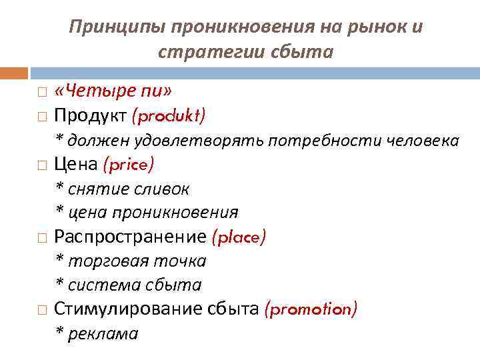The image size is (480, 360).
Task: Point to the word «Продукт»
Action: (x=90, y=116)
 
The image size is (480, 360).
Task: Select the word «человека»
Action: (x=419, y=141)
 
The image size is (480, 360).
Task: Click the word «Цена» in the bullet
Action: (x=75, y=164)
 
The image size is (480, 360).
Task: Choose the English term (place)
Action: (x=239, y=237)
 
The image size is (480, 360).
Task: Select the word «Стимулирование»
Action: (x=123, y=309)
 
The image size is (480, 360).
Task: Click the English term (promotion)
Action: (x=311, y=309)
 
